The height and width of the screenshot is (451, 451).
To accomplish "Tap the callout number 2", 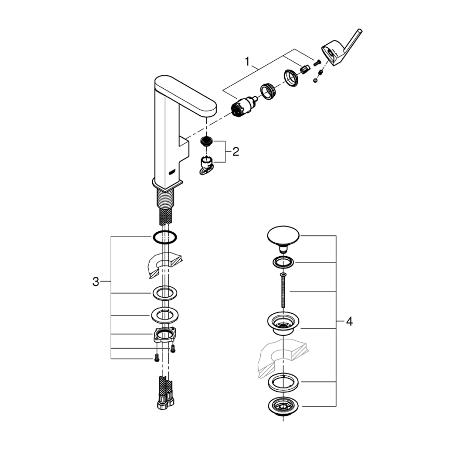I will click(235, 152).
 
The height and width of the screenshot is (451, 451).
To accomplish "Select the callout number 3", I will click(95, 282).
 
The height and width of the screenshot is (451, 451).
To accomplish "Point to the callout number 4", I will click(349, 322).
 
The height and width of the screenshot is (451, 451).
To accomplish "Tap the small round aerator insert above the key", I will click(207, 141).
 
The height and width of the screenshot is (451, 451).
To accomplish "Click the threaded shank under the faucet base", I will click(166, 197).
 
